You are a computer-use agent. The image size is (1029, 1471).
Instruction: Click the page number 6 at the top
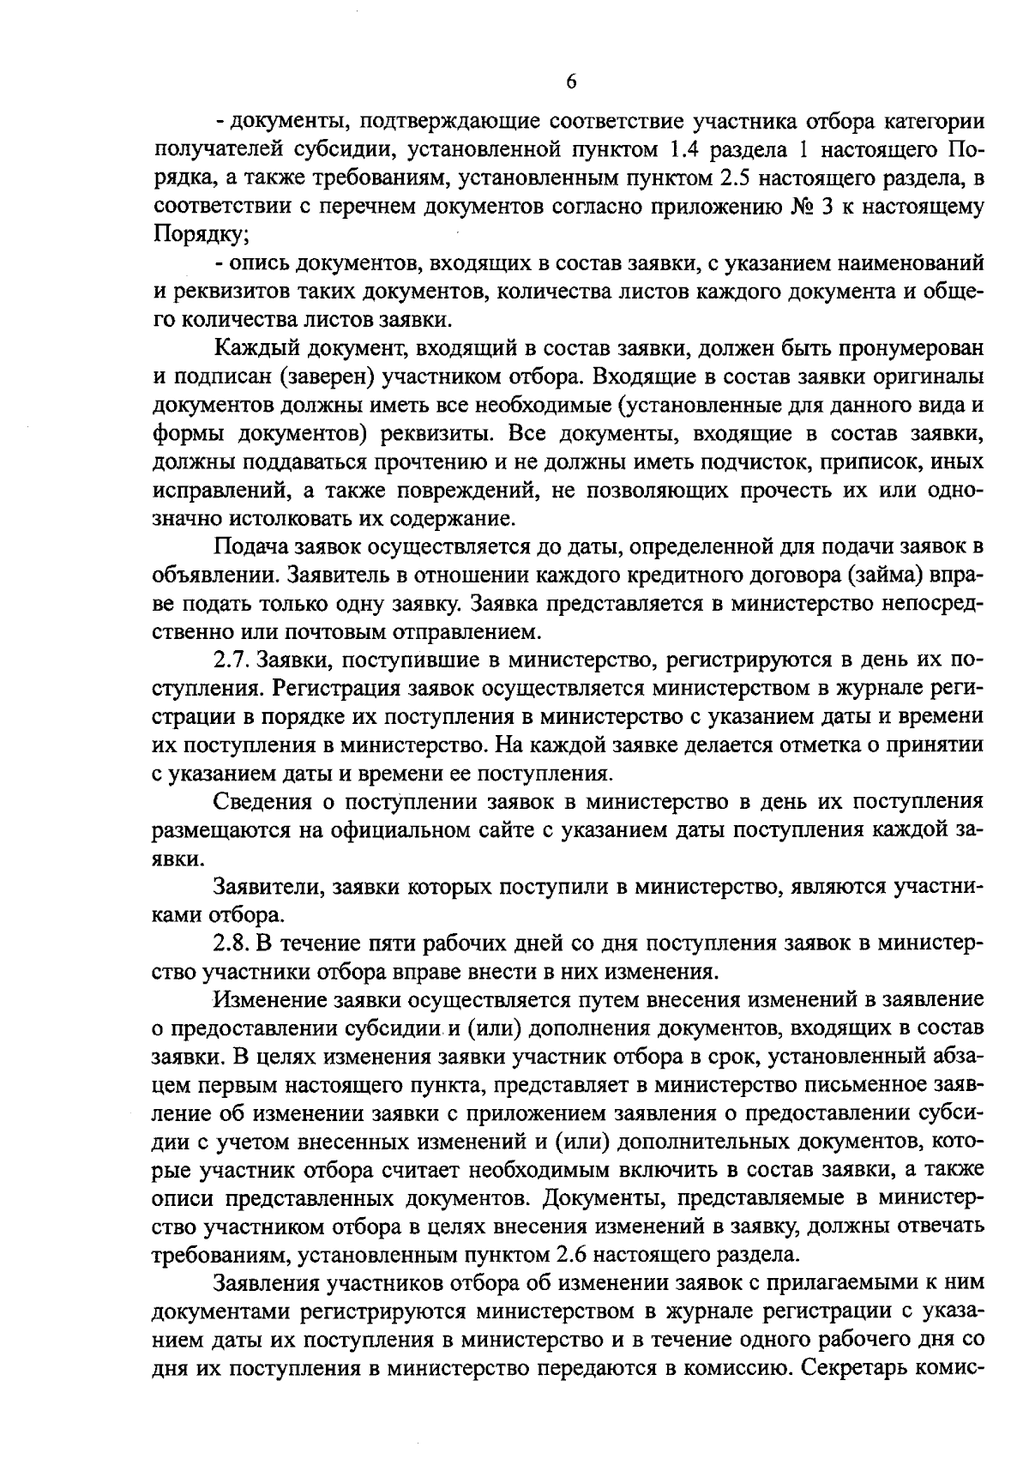(x=572, y=82)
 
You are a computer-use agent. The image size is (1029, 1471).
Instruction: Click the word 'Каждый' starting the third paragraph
(x=252, y=348)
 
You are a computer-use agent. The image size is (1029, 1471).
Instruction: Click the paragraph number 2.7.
(x=231, y=660)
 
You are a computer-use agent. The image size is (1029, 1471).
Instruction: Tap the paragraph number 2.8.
(x=231, y=943)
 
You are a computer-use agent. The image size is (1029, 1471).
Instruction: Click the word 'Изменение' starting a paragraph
(x=267, y=1000)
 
